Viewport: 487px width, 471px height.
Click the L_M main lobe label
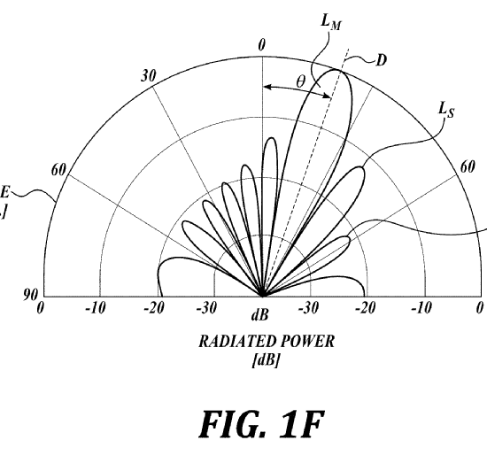coord(331,22)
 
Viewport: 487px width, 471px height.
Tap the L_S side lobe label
coord(446,111)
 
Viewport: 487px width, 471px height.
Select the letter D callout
coord(382,60)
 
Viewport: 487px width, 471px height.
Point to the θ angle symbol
coord(301,82)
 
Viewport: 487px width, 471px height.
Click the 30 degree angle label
coord(149,76)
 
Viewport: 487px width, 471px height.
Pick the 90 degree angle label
coord(30,294)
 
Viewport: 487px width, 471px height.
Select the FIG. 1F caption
coord(262,424)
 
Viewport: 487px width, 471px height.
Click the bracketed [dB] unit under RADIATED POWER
coord(265,360)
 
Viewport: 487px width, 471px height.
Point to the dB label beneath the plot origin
coord(259,315)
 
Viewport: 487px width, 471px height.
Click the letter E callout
coord(4,192)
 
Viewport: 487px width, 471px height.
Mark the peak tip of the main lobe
coord(336,70)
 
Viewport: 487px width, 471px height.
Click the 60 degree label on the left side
coord(58,170)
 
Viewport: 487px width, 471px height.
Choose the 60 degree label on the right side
coord(468,167)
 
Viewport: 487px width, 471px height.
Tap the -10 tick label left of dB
coord(96,308)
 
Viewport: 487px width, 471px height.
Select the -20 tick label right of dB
coord(365,308)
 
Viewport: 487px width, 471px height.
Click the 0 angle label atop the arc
coord(262,45)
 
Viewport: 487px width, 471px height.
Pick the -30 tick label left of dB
coord(206,308)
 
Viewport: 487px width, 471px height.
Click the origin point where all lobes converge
coord(262,296)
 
